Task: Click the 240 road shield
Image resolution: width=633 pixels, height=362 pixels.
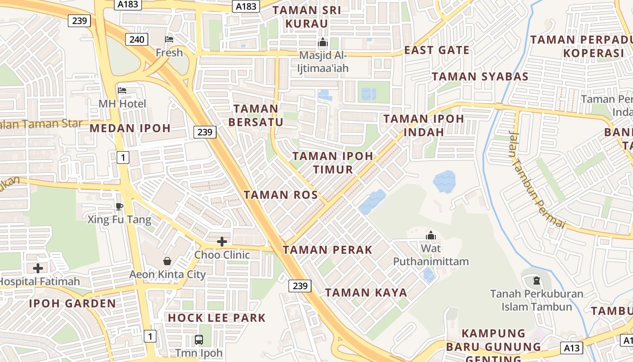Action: [137, 39]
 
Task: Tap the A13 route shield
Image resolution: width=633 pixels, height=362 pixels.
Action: [572, 348]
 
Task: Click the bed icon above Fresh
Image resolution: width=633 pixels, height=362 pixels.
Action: [169, 39]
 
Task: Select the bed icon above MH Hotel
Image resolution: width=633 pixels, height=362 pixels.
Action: [122, 90]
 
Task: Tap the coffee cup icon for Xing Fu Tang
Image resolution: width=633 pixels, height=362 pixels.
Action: [119, 206]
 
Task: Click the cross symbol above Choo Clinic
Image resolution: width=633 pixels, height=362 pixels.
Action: [222, 242]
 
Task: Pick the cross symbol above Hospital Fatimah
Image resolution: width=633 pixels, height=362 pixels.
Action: [38, 268]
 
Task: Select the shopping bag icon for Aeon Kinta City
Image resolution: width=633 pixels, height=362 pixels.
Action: [167, 261]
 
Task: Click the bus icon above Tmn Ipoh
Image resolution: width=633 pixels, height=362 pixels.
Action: [198, 339]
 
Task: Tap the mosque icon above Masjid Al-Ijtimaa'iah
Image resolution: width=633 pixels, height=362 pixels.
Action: [323, 43]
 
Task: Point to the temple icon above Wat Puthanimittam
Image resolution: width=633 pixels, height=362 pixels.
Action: [430, 235]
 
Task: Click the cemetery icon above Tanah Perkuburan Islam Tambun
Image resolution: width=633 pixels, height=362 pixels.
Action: [537, 281]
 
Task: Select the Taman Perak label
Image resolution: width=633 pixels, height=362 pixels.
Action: [327, 250]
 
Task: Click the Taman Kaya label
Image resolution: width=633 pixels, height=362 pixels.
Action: [366, 293]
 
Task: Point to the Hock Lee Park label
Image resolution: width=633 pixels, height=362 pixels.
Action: [217, 318]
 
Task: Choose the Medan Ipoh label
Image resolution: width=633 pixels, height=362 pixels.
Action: [130, 128]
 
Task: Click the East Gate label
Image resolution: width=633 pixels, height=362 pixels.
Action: [437, 50]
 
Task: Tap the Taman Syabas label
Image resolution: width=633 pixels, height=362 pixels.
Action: [480, 76]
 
